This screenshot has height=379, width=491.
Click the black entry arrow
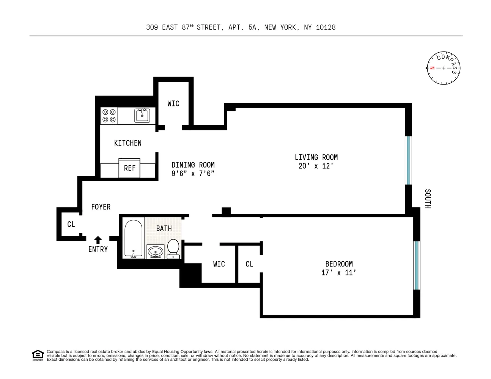[98, 240]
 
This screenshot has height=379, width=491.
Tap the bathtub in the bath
[133, 239]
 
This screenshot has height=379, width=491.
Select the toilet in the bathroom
[173, 248]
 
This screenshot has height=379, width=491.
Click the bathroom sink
[155, 251]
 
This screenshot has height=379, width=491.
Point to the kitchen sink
[142, 116]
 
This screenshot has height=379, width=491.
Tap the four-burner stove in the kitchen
[109, 116]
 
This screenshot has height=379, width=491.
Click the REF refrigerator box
[129, 168]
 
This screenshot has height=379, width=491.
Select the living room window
[408, 160]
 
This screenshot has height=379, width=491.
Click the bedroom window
[417, 265]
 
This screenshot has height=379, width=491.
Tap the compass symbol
[444, 68]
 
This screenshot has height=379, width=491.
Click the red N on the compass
[432, 68]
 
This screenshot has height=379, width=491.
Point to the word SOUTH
[428, 199]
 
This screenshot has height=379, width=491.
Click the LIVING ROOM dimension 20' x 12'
[316, 166]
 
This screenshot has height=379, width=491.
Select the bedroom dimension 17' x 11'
[338, 273]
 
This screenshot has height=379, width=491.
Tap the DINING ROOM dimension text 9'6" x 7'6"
[193, 174]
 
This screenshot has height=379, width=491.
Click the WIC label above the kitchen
[173, 103]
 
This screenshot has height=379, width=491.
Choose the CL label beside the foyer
[71, 224]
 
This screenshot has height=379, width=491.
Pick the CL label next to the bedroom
[249, 264]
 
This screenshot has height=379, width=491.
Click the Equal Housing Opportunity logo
[38, 356]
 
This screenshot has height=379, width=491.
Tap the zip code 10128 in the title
[326, 27]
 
